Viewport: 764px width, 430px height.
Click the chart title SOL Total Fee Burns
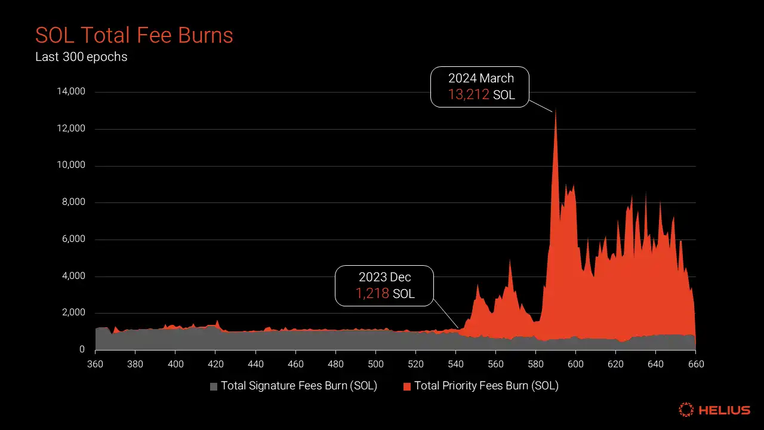pos(134,35)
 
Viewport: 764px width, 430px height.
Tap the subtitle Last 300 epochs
pos(81,57)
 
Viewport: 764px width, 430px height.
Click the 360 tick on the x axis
pos(95,364)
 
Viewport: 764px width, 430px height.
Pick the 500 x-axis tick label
pos(375,364)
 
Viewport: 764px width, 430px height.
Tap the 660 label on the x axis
pos(695,364)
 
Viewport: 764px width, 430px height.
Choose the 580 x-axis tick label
pos(535,364)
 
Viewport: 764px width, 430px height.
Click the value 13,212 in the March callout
pos(469,94)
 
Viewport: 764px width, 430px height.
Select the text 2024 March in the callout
pos(481,78)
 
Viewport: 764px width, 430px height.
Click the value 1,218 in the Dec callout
pos(372,293)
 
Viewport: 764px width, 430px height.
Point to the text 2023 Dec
pos(385,277)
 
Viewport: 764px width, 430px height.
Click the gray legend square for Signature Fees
pos(214,386)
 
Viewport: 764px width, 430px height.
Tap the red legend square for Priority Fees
pos(407,386)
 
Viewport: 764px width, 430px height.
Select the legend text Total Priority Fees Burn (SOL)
pos(486,386)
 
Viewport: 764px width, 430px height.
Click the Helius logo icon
pos(686,410)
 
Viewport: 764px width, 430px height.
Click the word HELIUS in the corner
pos(725,410)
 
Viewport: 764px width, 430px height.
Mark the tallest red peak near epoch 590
pos(556,111)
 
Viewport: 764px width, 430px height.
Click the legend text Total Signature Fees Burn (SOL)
pos(299,386)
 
